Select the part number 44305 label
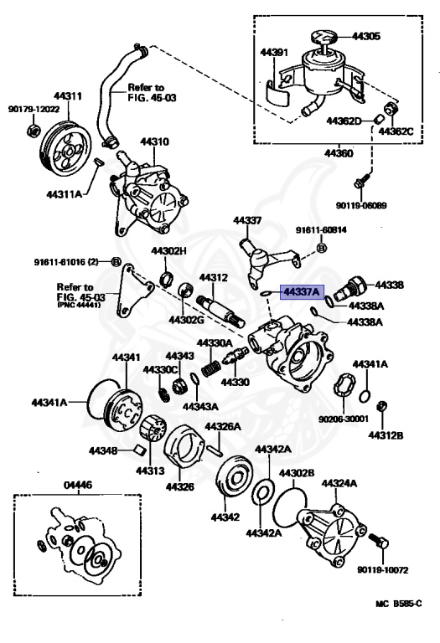(x=365, y=36)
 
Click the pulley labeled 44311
(x=65, y=149)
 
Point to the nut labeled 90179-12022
(x=34, y=131)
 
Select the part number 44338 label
(x=389, y=285)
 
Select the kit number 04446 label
(x=68, y=485)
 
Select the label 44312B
(x=388, y=435)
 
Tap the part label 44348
(x=105, y=451)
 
